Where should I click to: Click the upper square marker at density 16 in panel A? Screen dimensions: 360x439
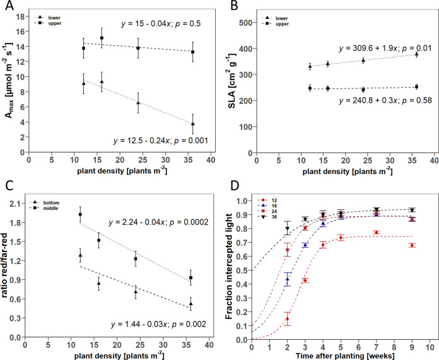coord(102,38)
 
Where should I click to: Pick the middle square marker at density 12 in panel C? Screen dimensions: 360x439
coord(80,215)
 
